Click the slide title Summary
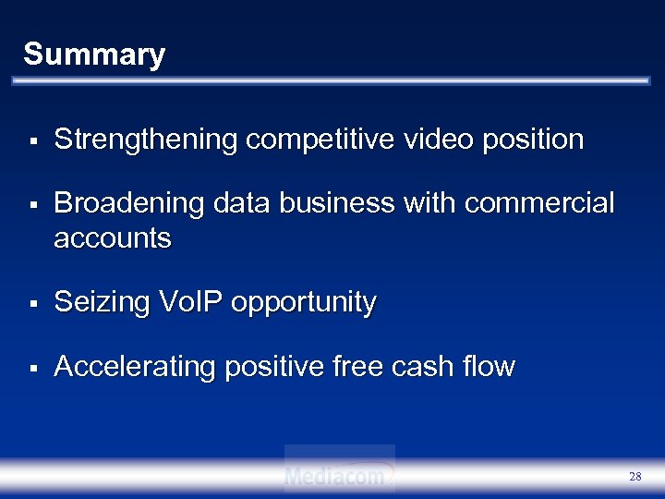(x=93, y=55)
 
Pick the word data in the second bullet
(x=236, y=203)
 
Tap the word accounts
(x=113, y=238)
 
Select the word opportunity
(x=306, y=303)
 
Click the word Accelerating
(x=134, y=367)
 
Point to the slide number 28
(x=635, y=477)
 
